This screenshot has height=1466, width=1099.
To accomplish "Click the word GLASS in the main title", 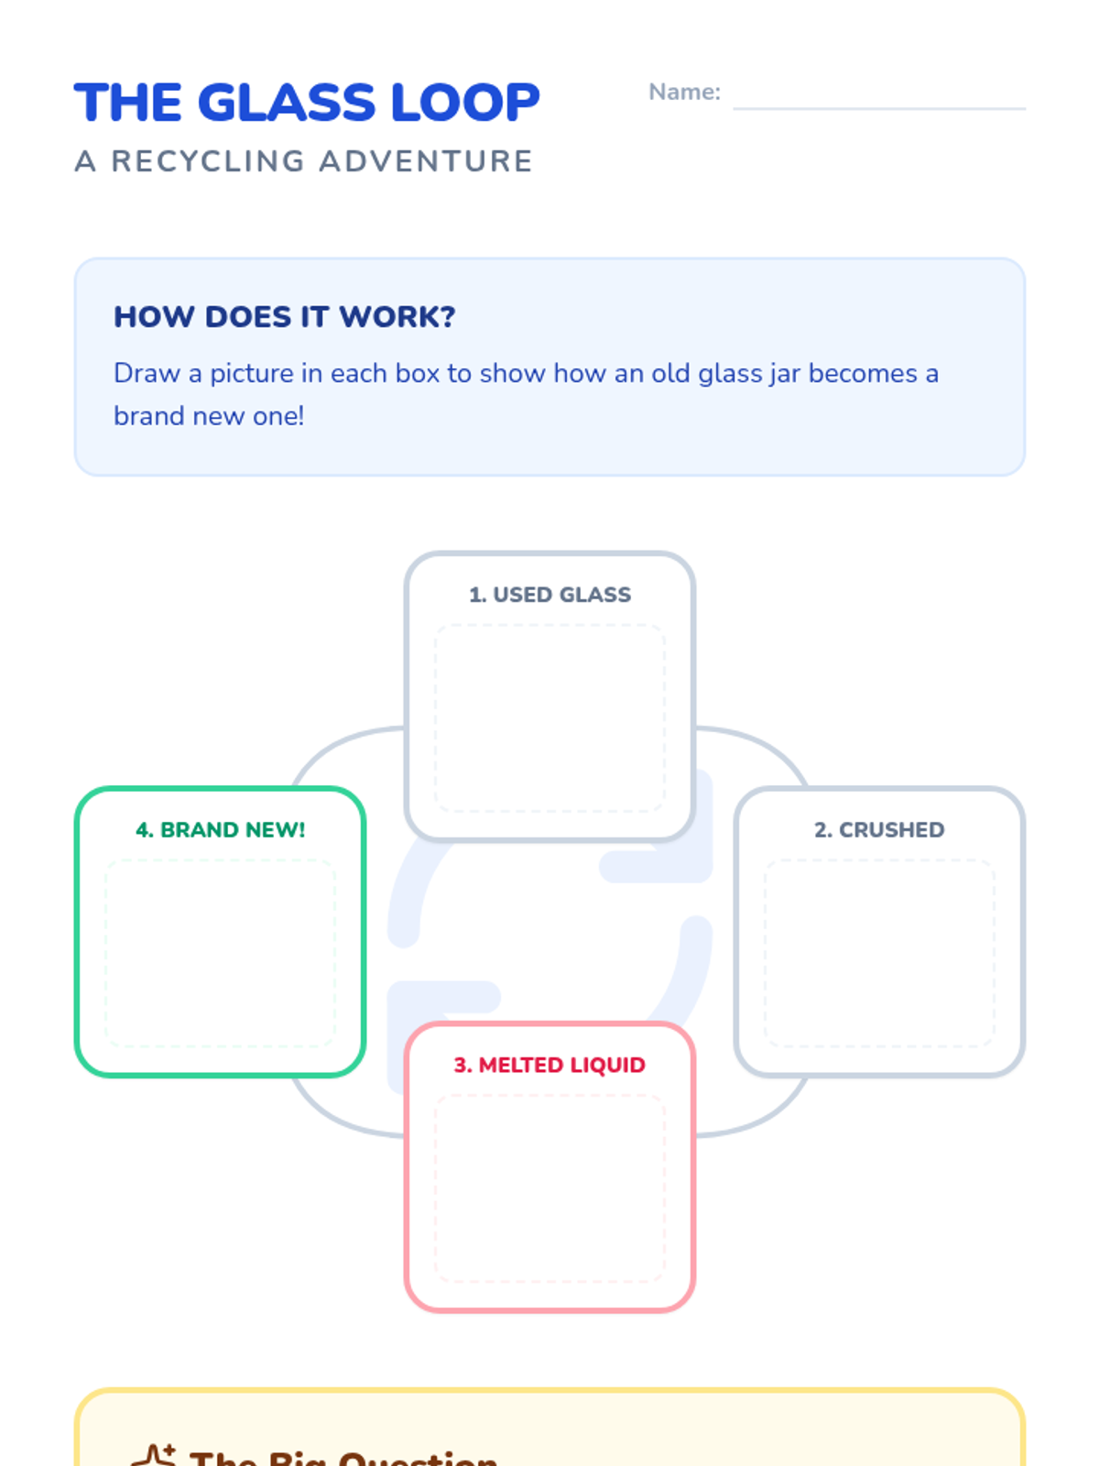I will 287,103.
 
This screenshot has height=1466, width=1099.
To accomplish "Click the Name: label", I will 684,93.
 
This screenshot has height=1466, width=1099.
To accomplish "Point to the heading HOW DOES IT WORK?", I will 284,317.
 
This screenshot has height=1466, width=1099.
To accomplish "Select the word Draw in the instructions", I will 147,374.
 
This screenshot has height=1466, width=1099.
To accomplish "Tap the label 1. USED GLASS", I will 549,595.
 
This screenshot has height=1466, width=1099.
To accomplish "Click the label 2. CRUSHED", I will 879,830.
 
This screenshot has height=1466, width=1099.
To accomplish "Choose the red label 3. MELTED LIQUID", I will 549,1065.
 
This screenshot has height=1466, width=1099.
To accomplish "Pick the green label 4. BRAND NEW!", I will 220,830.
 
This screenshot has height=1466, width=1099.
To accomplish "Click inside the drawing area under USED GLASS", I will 549,718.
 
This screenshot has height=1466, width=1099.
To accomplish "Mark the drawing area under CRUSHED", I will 879,953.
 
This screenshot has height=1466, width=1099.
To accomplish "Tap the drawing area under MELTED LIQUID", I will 549,1188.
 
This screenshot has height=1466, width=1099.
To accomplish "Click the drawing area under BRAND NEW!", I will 220,953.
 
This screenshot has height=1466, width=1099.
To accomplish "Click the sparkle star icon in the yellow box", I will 154,1455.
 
